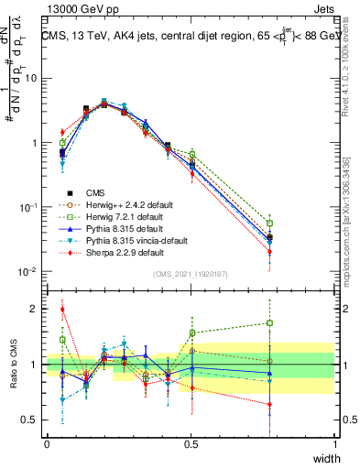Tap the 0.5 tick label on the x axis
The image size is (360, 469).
[191, 444]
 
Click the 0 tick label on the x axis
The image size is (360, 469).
[47, 444]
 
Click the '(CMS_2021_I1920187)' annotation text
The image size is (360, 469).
[191, 274]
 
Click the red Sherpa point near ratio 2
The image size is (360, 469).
[62, 309]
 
